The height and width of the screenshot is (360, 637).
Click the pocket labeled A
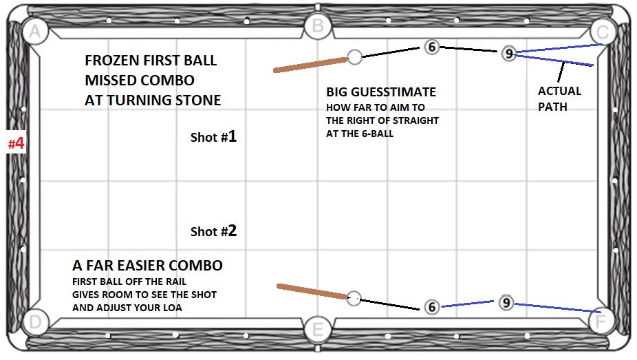pyautogui.click(x=34, y=30)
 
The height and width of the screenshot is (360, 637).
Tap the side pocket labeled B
pyautogui.click(x=318, y=27)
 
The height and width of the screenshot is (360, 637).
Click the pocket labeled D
pyautogui.click(x=36, y=321)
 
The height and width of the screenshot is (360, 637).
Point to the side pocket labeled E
pyautogui.click(x=317, y=329)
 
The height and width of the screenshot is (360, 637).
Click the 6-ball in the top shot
pyautogui.click(x=431, y=47)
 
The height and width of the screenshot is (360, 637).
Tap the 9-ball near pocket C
pyautogui.click(x=508, y=53)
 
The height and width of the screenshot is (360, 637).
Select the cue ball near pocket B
pyautogui.click(x=355, y=56)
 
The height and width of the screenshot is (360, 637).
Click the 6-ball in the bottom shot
pyautogui.click(x=431, y=307)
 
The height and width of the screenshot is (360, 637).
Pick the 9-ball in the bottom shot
pyautogui.click(x=506, y=302)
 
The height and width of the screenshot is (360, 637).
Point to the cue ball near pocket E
pyautogui.click(x=354, y=298)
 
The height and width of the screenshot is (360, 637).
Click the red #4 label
pyautogui.click(x=16, y=144)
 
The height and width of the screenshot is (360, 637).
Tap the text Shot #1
pyautogui.click(x=213, y=137)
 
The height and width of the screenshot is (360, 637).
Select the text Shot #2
pyautogui.click(x=213, y=231)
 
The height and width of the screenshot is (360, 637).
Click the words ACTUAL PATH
pyautogui.click(x=559, y=98)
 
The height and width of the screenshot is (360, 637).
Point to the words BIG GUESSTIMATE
pyautogui.click(x=380, y=92)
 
